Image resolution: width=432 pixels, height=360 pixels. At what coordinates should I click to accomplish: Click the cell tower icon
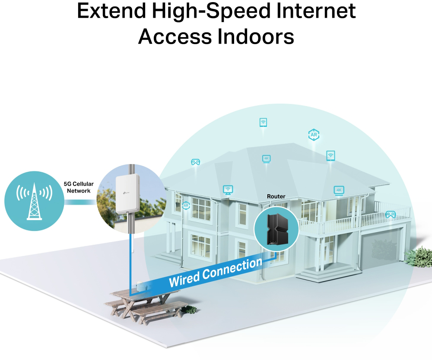pos(34,201)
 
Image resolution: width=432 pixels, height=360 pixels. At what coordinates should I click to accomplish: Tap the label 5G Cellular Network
pos(79,187)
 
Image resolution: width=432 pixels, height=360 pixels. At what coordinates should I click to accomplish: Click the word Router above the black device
pos(276,196)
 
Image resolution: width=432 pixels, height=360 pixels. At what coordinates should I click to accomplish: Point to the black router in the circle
pos(276,229)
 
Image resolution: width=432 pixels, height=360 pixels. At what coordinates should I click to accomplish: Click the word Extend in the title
pos(111,11)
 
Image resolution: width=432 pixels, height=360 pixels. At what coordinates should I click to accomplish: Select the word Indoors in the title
pos(255,37)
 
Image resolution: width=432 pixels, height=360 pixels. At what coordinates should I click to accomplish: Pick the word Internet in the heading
pos(316,11)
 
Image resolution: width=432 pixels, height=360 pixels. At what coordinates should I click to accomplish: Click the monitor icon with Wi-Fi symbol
pos(228,189)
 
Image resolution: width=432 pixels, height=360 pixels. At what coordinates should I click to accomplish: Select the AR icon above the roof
pos(314,135)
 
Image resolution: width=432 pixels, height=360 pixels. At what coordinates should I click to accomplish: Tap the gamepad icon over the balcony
pos(391,214)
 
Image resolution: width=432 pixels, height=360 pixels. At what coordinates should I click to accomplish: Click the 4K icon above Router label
pos(266,159)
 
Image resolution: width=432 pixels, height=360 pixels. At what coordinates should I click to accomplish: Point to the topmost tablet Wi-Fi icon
pos(264,122)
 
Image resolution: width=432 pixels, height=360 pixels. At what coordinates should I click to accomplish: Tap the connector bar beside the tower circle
pos(80,202)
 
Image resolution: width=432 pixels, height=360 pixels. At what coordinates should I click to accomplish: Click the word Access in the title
pos(175,37)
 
